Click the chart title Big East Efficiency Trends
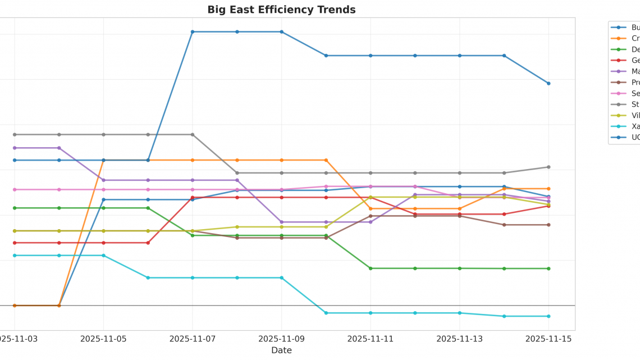(281, 10)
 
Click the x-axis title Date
(281, 350)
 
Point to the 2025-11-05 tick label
(103, 339)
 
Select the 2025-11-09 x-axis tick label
(281, 339)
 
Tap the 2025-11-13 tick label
(459, 339)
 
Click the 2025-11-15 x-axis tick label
(548, 339)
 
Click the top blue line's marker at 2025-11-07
(193, 32)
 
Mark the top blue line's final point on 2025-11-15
(548, 83)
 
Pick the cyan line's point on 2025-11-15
(548, 316)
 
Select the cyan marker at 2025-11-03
(15, 256)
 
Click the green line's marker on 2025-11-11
(371, 268)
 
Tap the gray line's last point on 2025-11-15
(548, 167)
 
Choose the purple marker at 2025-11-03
(15, 148)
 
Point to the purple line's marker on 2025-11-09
(281, 222)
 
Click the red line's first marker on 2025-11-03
(15, 243)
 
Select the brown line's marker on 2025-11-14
(504, 225)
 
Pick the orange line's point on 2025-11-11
(371, 208)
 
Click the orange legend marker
(619, 38)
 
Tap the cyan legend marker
(619, 126)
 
